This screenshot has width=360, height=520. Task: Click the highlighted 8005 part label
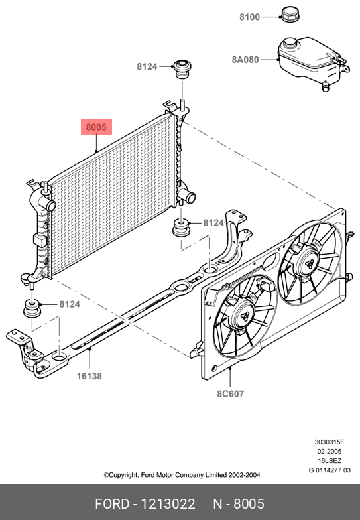[97, 127]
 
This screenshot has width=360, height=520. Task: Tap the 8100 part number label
[249, 17]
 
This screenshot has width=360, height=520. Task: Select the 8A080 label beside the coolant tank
[245, 60]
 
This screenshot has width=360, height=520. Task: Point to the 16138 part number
[90, 376]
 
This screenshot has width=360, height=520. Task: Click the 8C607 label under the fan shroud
[231, 394]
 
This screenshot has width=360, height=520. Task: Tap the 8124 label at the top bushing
[147, 66]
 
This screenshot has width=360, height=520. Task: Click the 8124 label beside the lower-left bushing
[70, 304]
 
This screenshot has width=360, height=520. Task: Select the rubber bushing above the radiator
[182, 69]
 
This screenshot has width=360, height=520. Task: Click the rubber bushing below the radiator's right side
[181, 228]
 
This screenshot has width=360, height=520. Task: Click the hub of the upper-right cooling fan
[310, 264]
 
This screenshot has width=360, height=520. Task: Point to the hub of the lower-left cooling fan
[245, 317]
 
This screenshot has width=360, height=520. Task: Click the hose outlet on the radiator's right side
[190, 198]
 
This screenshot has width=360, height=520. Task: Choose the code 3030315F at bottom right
[330, 442]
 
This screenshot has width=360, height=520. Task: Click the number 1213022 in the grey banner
[168, 504]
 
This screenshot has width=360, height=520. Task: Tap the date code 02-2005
[329, 451]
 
